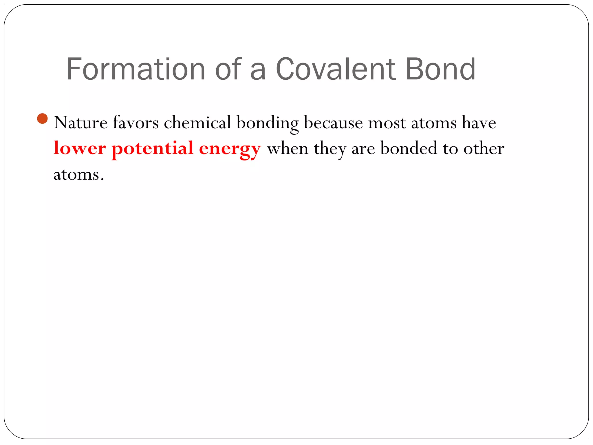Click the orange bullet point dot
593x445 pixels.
coord(43,118)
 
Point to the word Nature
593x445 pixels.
coord(81,123)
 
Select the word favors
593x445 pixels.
coord(136,123)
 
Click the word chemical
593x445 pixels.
coord(197,123)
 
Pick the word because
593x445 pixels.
coord(333,123)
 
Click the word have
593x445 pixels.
coord(479,123)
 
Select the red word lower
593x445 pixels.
coord(80,148)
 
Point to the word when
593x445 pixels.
coord(288,149)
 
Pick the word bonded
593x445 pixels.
coord(409,148)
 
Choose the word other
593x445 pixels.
coord(484,148)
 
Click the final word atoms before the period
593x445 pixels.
coord(76,175)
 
